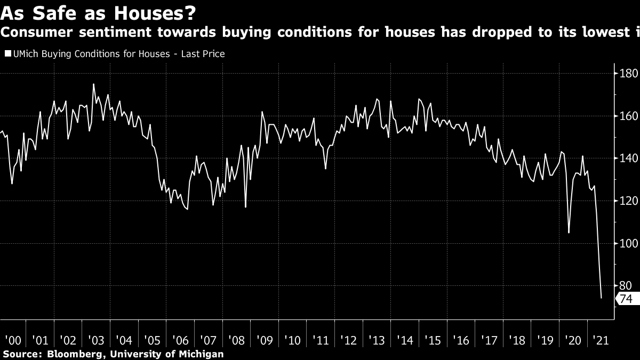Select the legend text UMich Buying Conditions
[58, 54]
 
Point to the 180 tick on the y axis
[628, 74]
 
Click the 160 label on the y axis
[628, 116]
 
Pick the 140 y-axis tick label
[628, 158]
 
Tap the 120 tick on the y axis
[628, 201]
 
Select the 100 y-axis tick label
[628, 244]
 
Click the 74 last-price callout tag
[625, 299]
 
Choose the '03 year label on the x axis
[95, 340]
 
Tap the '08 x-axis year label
[235, 340]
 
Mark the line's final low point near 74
[602, 298]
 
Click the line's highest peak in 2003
[93, 84]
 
